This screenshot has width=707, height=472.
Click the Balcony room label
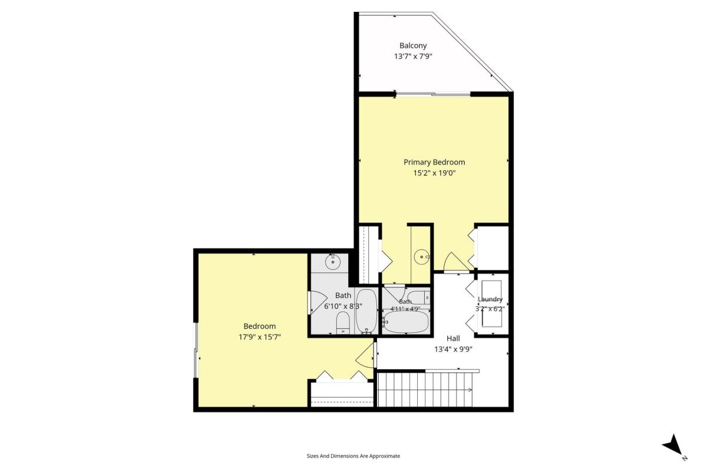click(413, 45)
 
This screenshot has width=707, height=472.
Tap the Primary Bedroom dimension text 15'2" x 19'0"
click(434, 173)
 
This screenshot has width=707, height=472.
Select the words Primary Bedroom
click(434, 162)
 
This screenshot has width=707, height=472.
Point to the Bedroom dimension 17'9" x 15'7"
click(259, 337)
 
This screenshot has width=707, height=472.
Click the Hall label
click(453, 338)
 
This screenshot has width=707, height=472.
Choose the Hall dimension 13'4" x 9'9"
click(453, 349)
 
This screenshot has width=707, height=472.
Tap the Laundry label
click(490, 299)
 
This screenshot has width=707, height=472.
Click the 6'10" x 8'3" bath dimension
click(343, 306)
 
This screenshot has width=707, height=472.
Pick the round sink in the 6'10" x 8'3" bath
click(332, 262)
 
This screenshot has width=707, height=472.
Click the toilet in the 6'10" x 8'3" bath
click(343, 323)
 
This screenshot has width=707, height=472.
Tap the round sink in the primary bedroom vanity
click(421, 257)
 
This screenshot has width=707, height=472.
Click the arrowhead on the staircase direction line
click(470, 389)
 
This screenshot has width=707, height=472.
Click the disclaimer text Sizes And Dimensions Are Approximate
click(353, 456)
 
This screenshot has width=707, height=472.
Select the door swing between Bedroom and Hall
click(365, 356)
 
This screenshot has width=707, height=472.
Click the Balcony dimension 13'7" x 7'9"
click(413, 56)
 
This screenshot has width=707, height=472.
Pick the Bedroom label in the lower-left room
click(259, 326)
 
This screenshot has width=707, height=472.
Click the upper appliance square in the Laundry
click(491, 290)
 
